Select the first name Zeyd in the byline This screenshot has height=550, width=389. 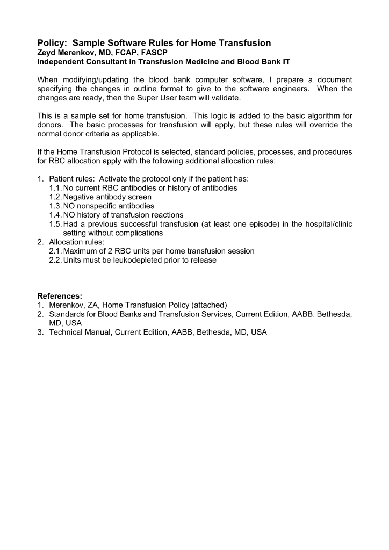coord(47,53)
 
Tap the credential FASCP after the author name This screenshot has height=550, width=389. coord(157,53)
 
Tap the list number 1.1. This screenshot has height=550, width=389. coord(55,188)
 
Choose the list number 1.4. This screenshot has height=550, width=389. coord(55,215)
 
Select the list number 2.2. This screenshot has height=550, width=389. coord(55,260)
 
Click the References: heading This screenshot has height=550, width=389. coord(60,296)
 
